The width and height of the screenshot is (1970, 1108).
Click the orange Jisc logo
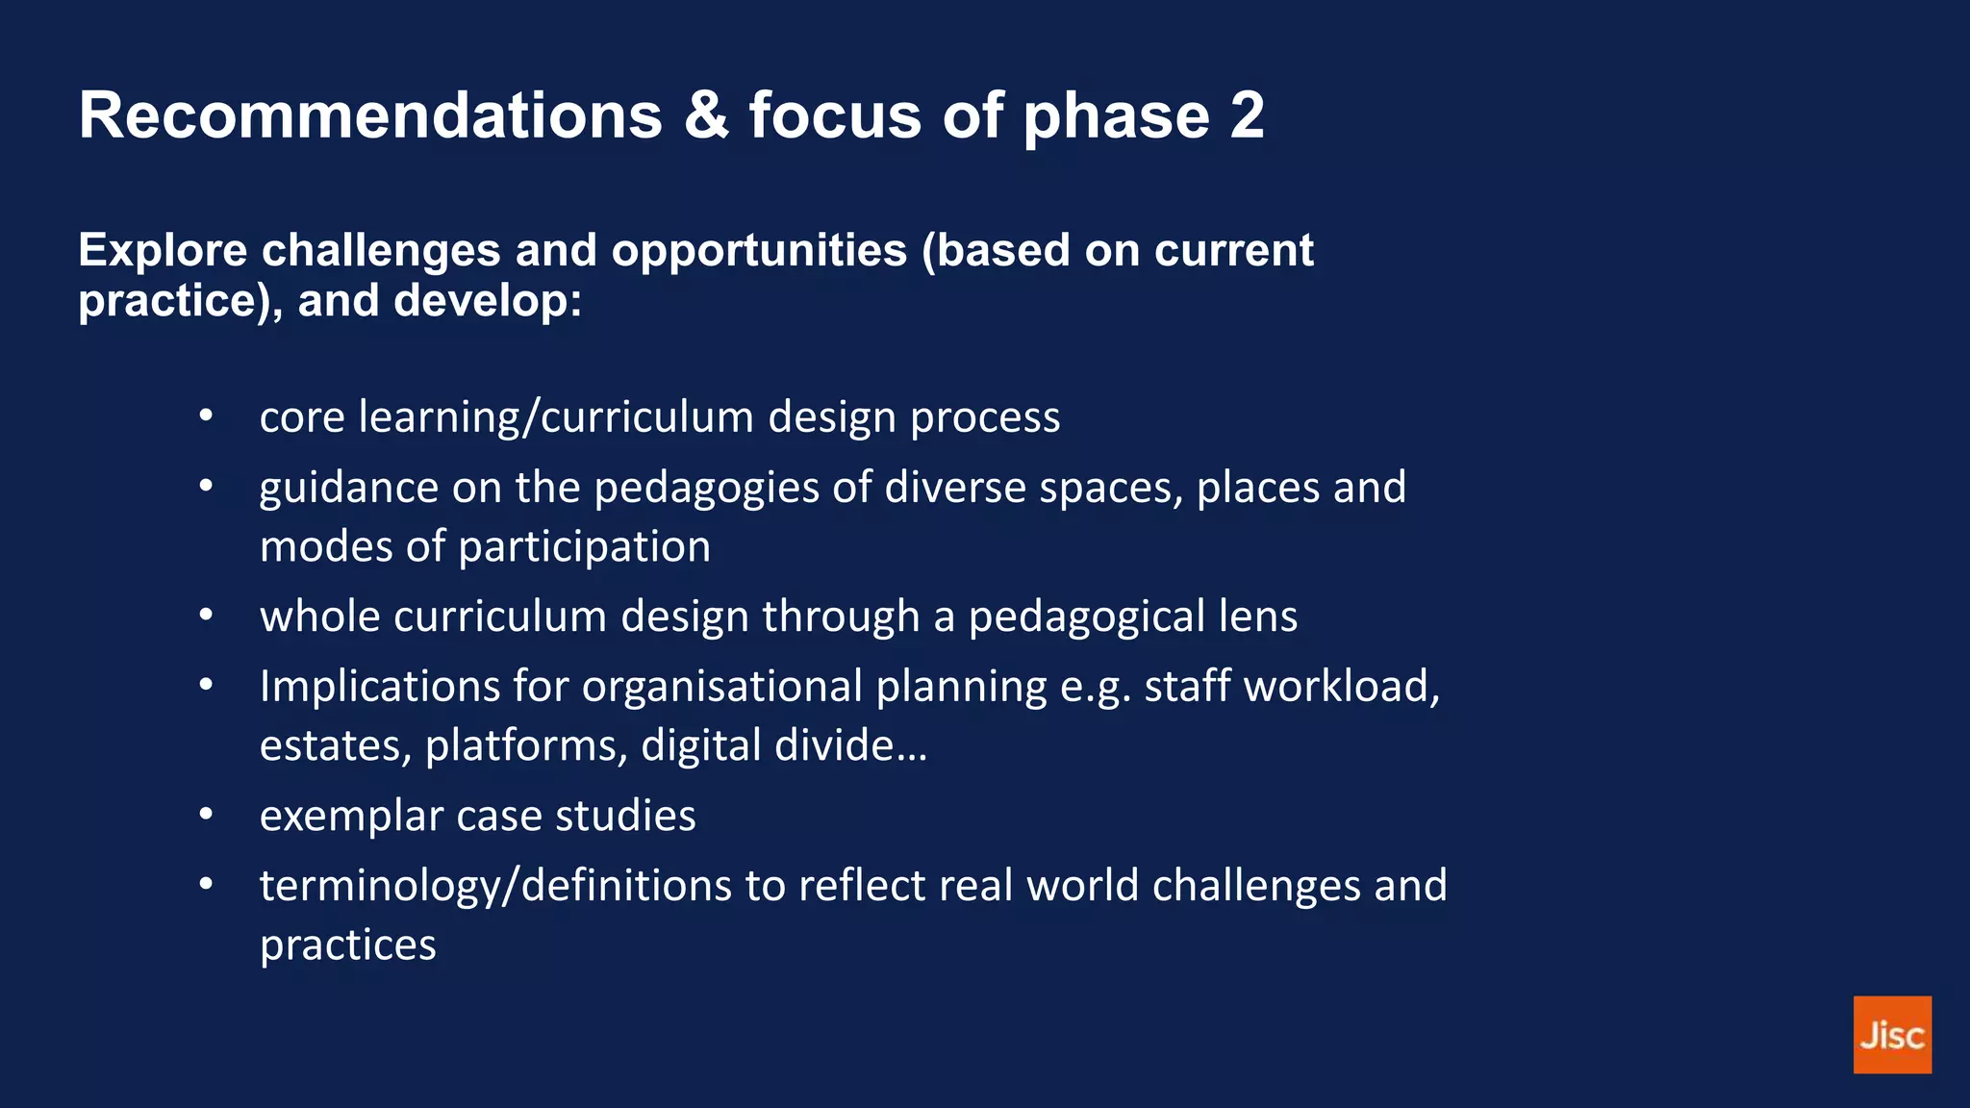1891,1034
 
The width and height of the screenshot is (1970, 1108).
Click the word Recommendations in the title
370,115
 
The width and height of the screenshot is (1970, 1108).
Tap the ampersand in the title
706,115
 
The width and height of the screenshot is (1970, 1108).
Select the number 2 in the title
1247,115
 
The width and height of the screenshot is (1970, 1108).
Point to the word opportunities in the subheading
759,251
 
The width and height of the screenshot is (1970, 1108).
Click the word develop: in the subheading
488,301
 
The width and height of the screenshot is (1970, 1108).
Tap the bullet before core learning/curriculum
206,416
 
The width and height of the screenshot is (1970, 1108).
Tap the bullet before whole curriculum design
206,616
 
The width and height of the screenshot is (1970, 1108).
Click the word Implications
379,688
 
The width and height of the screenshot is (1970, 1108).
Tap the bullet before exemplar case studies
206,815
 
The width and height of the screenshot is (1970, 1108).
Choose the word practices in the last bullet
347,945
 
